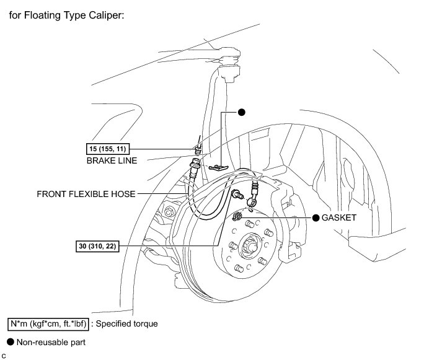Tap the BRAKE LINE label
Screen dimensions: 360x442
(112, 160)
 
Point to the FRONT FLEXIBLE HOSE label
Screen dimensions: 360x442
(86, 193)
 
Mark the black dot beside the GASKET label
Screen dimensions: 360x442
(316, 218)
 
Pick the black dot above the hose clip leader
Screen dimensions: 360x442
(242, 112)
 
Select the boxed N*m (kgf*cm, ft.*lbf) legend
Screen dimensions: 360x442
(50, 323)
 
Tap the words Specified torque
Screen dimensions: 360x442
(128, 323)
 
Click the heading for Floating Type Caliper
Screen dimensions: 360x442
(66, 14)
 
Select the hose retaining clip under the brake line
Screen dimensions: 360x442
(218, 167)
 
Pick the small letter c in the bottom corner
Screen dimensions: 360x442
(4, 355)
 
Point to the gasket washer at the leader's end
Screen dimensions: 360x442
(238, 217)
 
